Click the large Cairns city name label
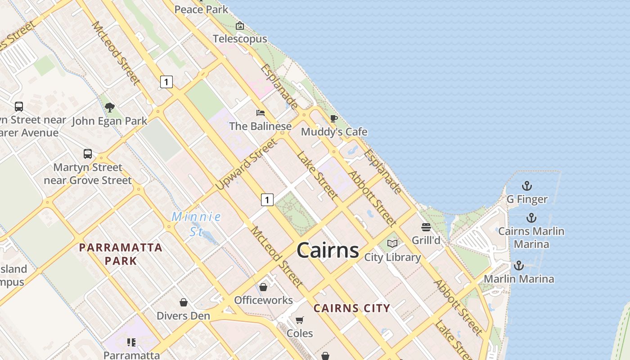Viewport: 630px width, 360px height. point(328,250)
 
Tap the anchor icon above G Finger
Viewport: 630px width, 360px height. point(526,186)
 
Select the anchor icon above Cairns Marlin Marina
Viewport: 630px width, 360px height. point(531,218)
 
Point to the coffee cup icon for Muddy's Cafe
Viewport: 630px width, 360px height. point(333,118)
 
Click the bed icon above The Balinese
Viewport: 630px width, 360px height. point(261,113)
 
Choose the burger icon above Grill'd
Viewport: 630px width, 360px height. point(426,227)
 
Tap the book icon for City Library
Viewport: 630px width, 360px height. point(392,243)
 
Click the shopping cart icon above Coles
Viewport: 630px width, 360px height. point(300,320)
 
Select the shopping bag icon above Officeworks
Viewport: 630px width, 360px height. point(263,287)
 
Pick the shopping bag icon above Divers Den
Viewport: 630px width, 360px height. point(183,302)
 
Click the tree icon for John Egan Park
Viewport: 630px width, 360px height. point(109,107)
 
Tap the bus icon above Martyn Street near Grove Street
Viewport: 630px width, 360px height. point(88,154)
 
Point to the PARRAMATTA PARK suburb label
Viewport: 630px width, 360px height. point(121,254)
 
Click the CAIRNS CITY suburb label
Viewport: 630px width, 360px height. point(351,309)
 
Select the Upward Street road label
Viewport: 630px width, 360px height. point(246,164)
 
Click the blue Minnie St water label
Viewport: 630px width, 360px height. point(196,224)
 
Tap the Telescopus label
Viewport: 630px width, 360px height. point(240,39)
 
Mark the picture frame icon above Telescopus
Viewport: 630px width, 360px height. point(240,26)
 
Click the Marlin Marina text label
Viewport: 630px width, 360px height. point(519,279)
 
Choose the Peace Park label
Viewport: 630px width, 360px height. point(201,9)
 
